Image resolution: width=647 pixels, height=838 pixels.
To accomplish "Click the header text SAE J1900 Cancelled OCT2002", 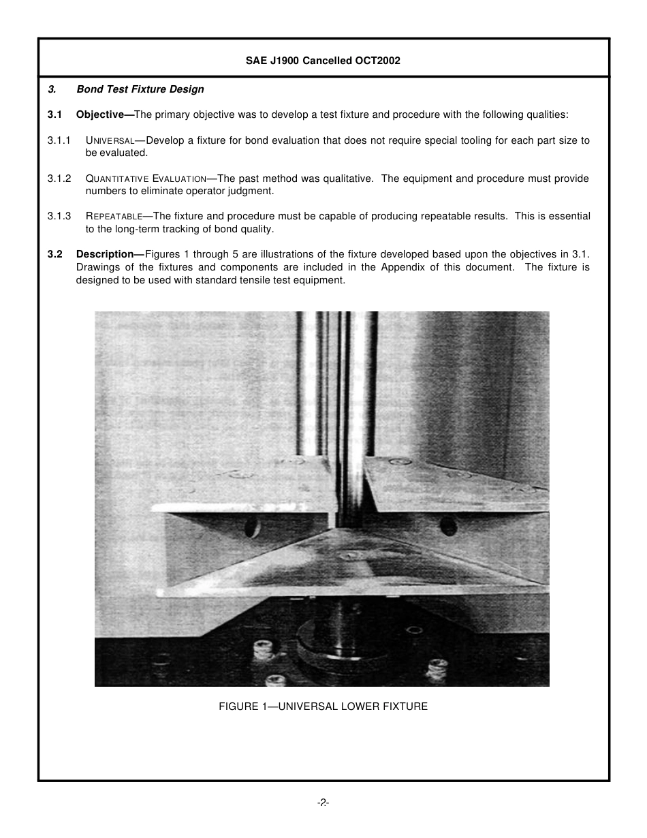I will coord(323,61).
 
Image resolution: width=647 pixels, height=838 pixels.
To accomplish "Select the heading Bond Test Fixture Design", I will coord(140,89).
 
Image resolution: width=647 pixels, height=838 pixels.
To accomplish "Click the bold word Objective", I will coord(104,114).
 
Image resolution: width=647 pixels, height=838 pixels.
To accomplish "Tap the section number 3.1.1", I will coord(59,140).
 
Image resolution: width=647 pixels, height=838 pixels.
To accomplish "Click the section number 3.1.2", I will coord(59,179).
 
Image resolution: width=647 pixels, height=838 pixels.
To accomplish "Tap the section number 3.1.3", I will coord(59,216).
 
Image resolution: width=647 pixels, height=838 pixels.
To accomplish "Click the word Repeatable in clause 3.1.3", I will coord(114,217).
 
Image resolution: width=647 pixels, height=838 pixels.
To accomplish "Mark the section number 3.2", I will coord(54,254).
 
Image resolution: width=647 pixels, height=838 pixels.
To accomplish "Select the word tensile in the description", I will coord(249,280).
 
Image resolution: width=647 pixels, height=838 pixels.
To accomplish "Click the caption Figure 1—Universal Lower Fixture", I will coord(323,707).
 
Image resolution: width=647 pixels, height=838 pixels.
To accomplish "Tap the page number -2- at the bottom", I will coord(323,803).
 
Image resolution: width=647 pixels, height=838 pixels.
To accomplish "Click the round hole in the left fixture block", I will coord(251,527).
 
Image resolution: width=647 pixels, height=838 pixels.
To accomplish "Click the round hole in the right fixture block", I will coord(447,526).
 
